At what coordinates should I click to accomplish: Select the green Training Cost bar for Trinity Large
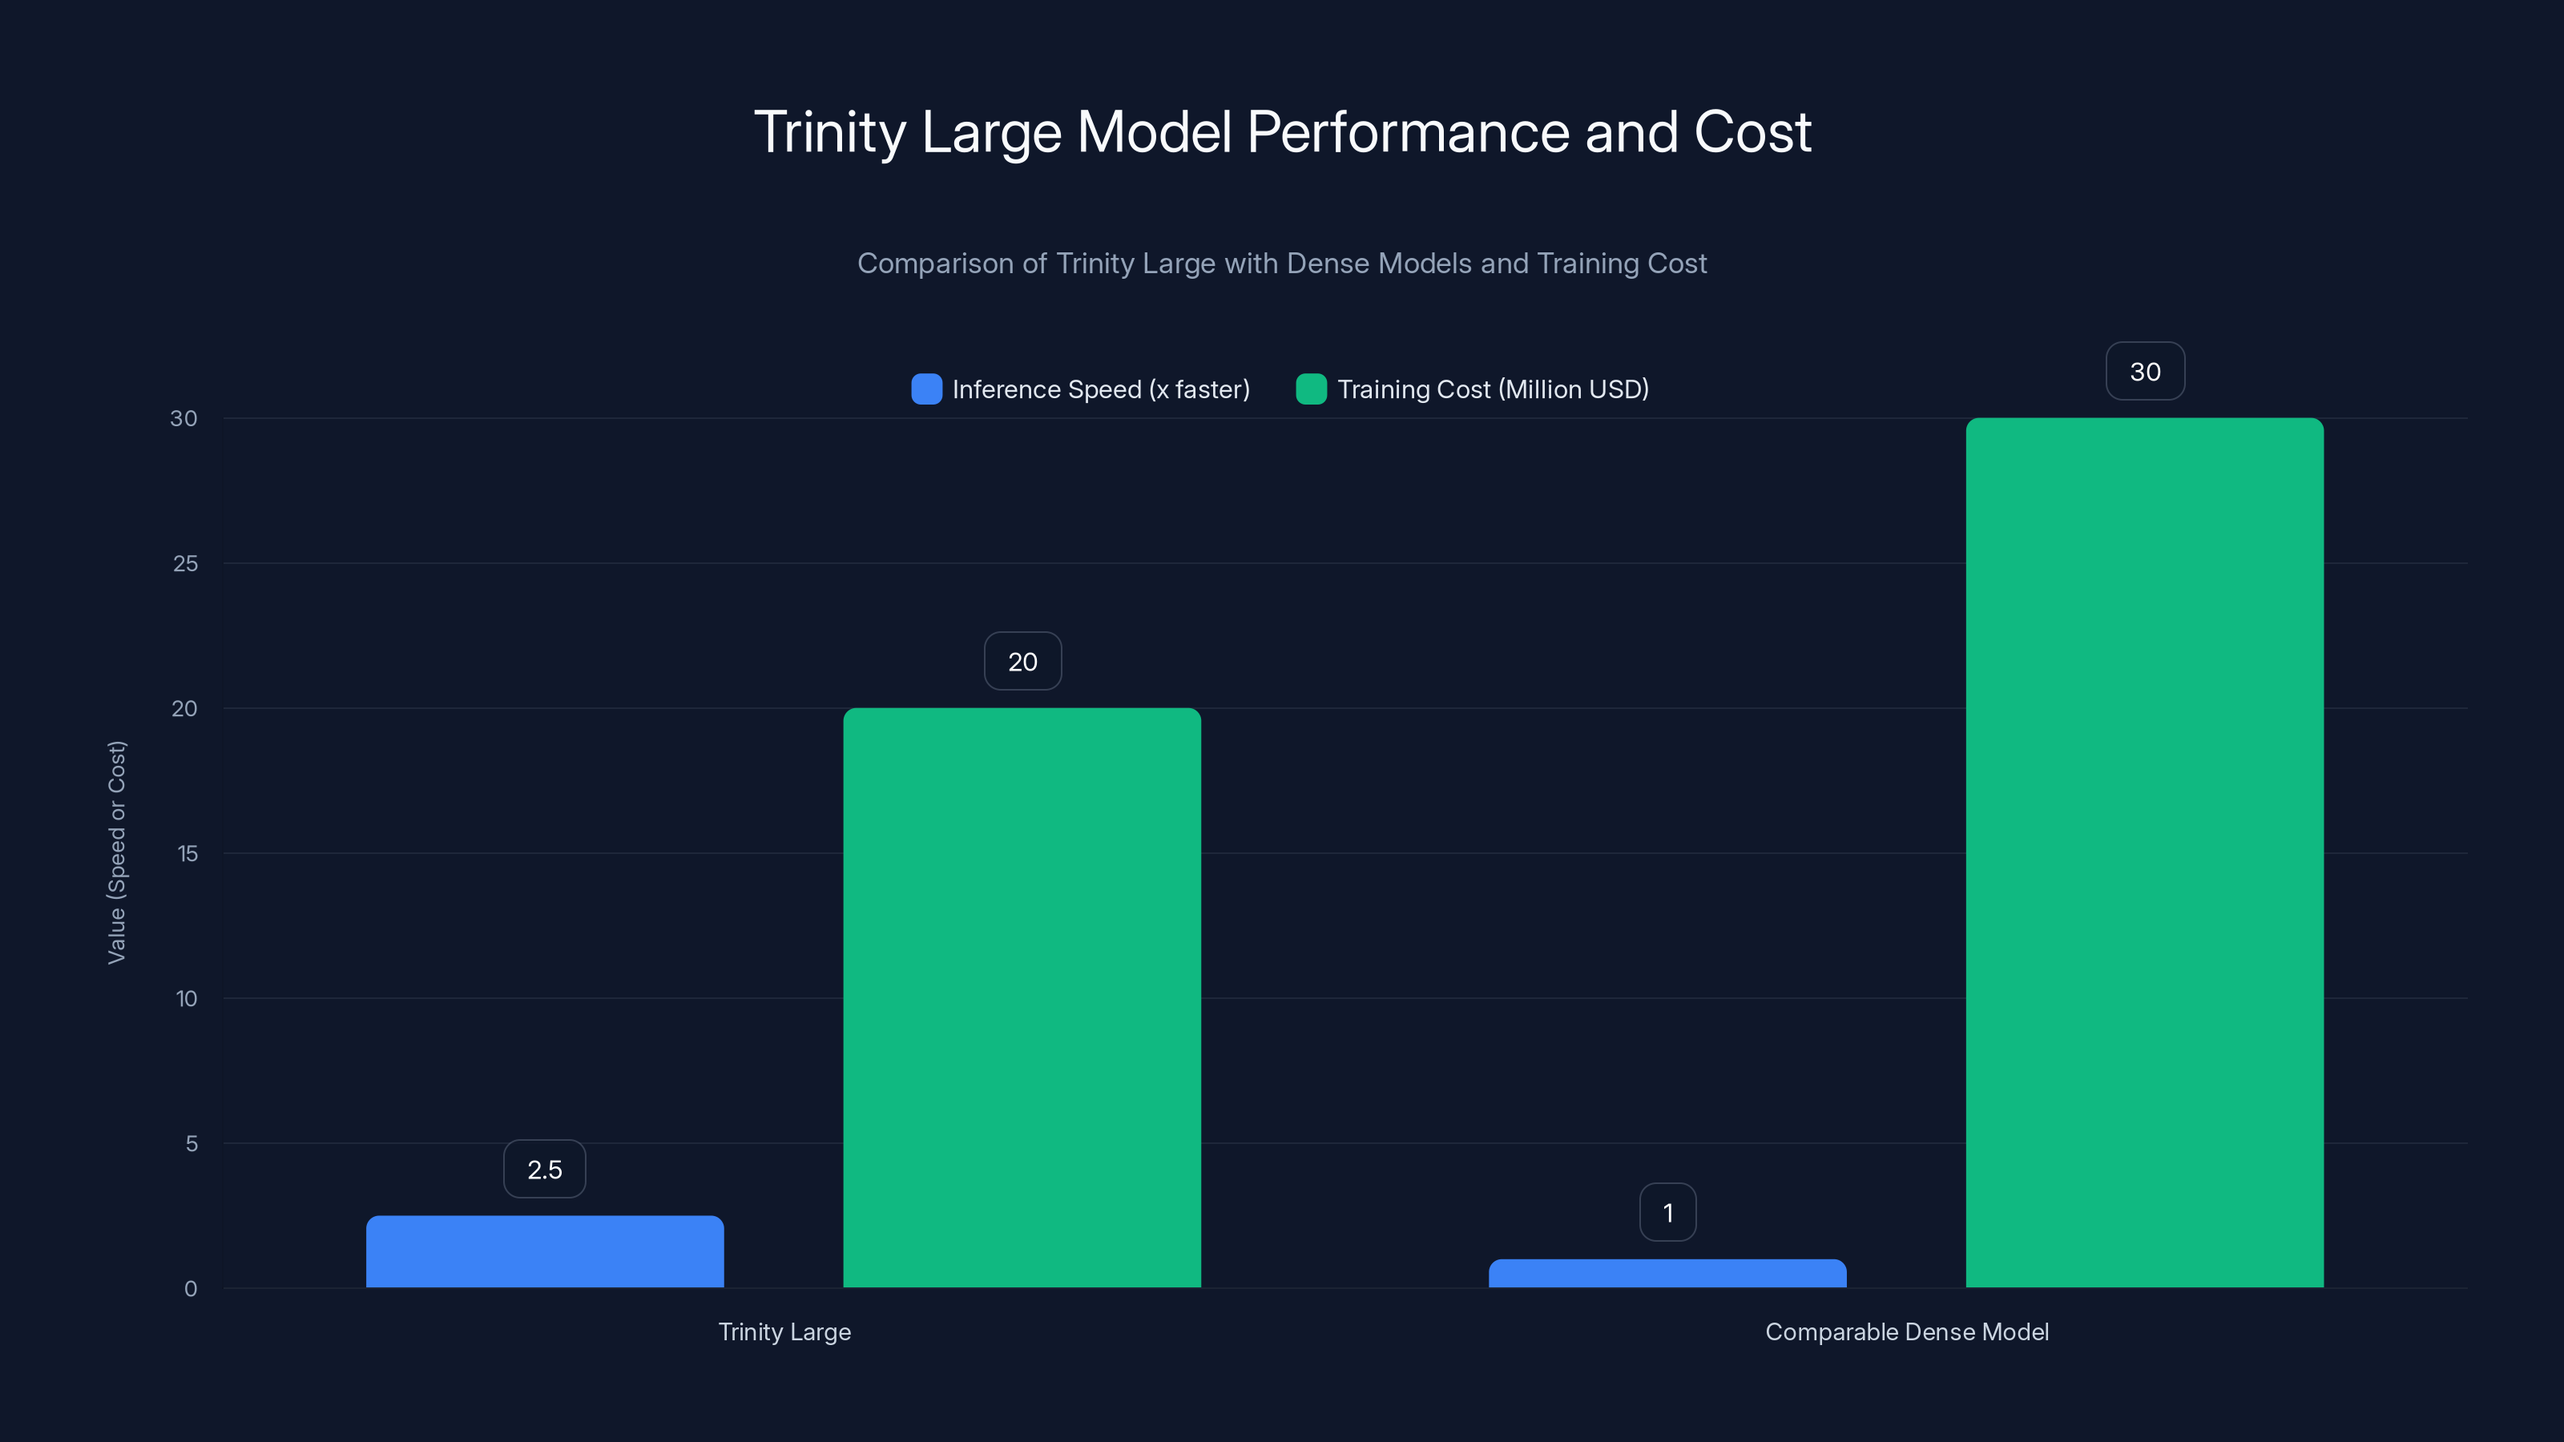pos(1022,997)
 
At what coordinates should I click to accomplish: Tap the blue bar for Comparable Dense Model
pos(1667,1273)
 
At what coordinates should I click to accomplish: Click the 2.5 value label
pos(545,1170)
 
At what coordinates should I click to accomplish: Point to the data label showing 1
pos(1667,1212)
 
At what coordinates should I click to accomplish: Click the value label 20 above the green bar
pos(1022,661)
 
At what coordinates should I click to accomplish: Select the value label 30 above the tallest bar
pos(2145,371)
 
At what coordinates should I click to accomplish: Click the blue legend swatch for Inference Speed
pos(925,389)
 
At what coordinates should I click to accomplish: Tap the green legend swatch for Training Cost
pos(1311,389)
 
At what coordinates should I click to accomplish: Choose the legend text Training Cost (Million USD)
pos(1492,389)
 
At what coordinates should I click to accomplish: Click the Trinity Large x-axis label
pos(784,1331)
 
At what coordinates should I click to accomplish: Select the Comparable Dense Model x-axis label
pos(1906,1331)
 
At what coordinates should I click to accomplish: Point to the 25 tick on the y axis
pos(185,563)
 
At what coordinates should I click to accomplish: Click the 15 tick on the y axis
pos(187,853)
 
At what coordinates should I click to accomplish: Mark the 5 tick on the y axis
pos(191,1143)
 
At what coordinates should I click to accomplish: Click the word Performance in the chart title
pos(1409,132)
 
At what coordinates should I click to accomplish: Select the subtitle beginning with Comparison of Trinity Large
pos(1282,263)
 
